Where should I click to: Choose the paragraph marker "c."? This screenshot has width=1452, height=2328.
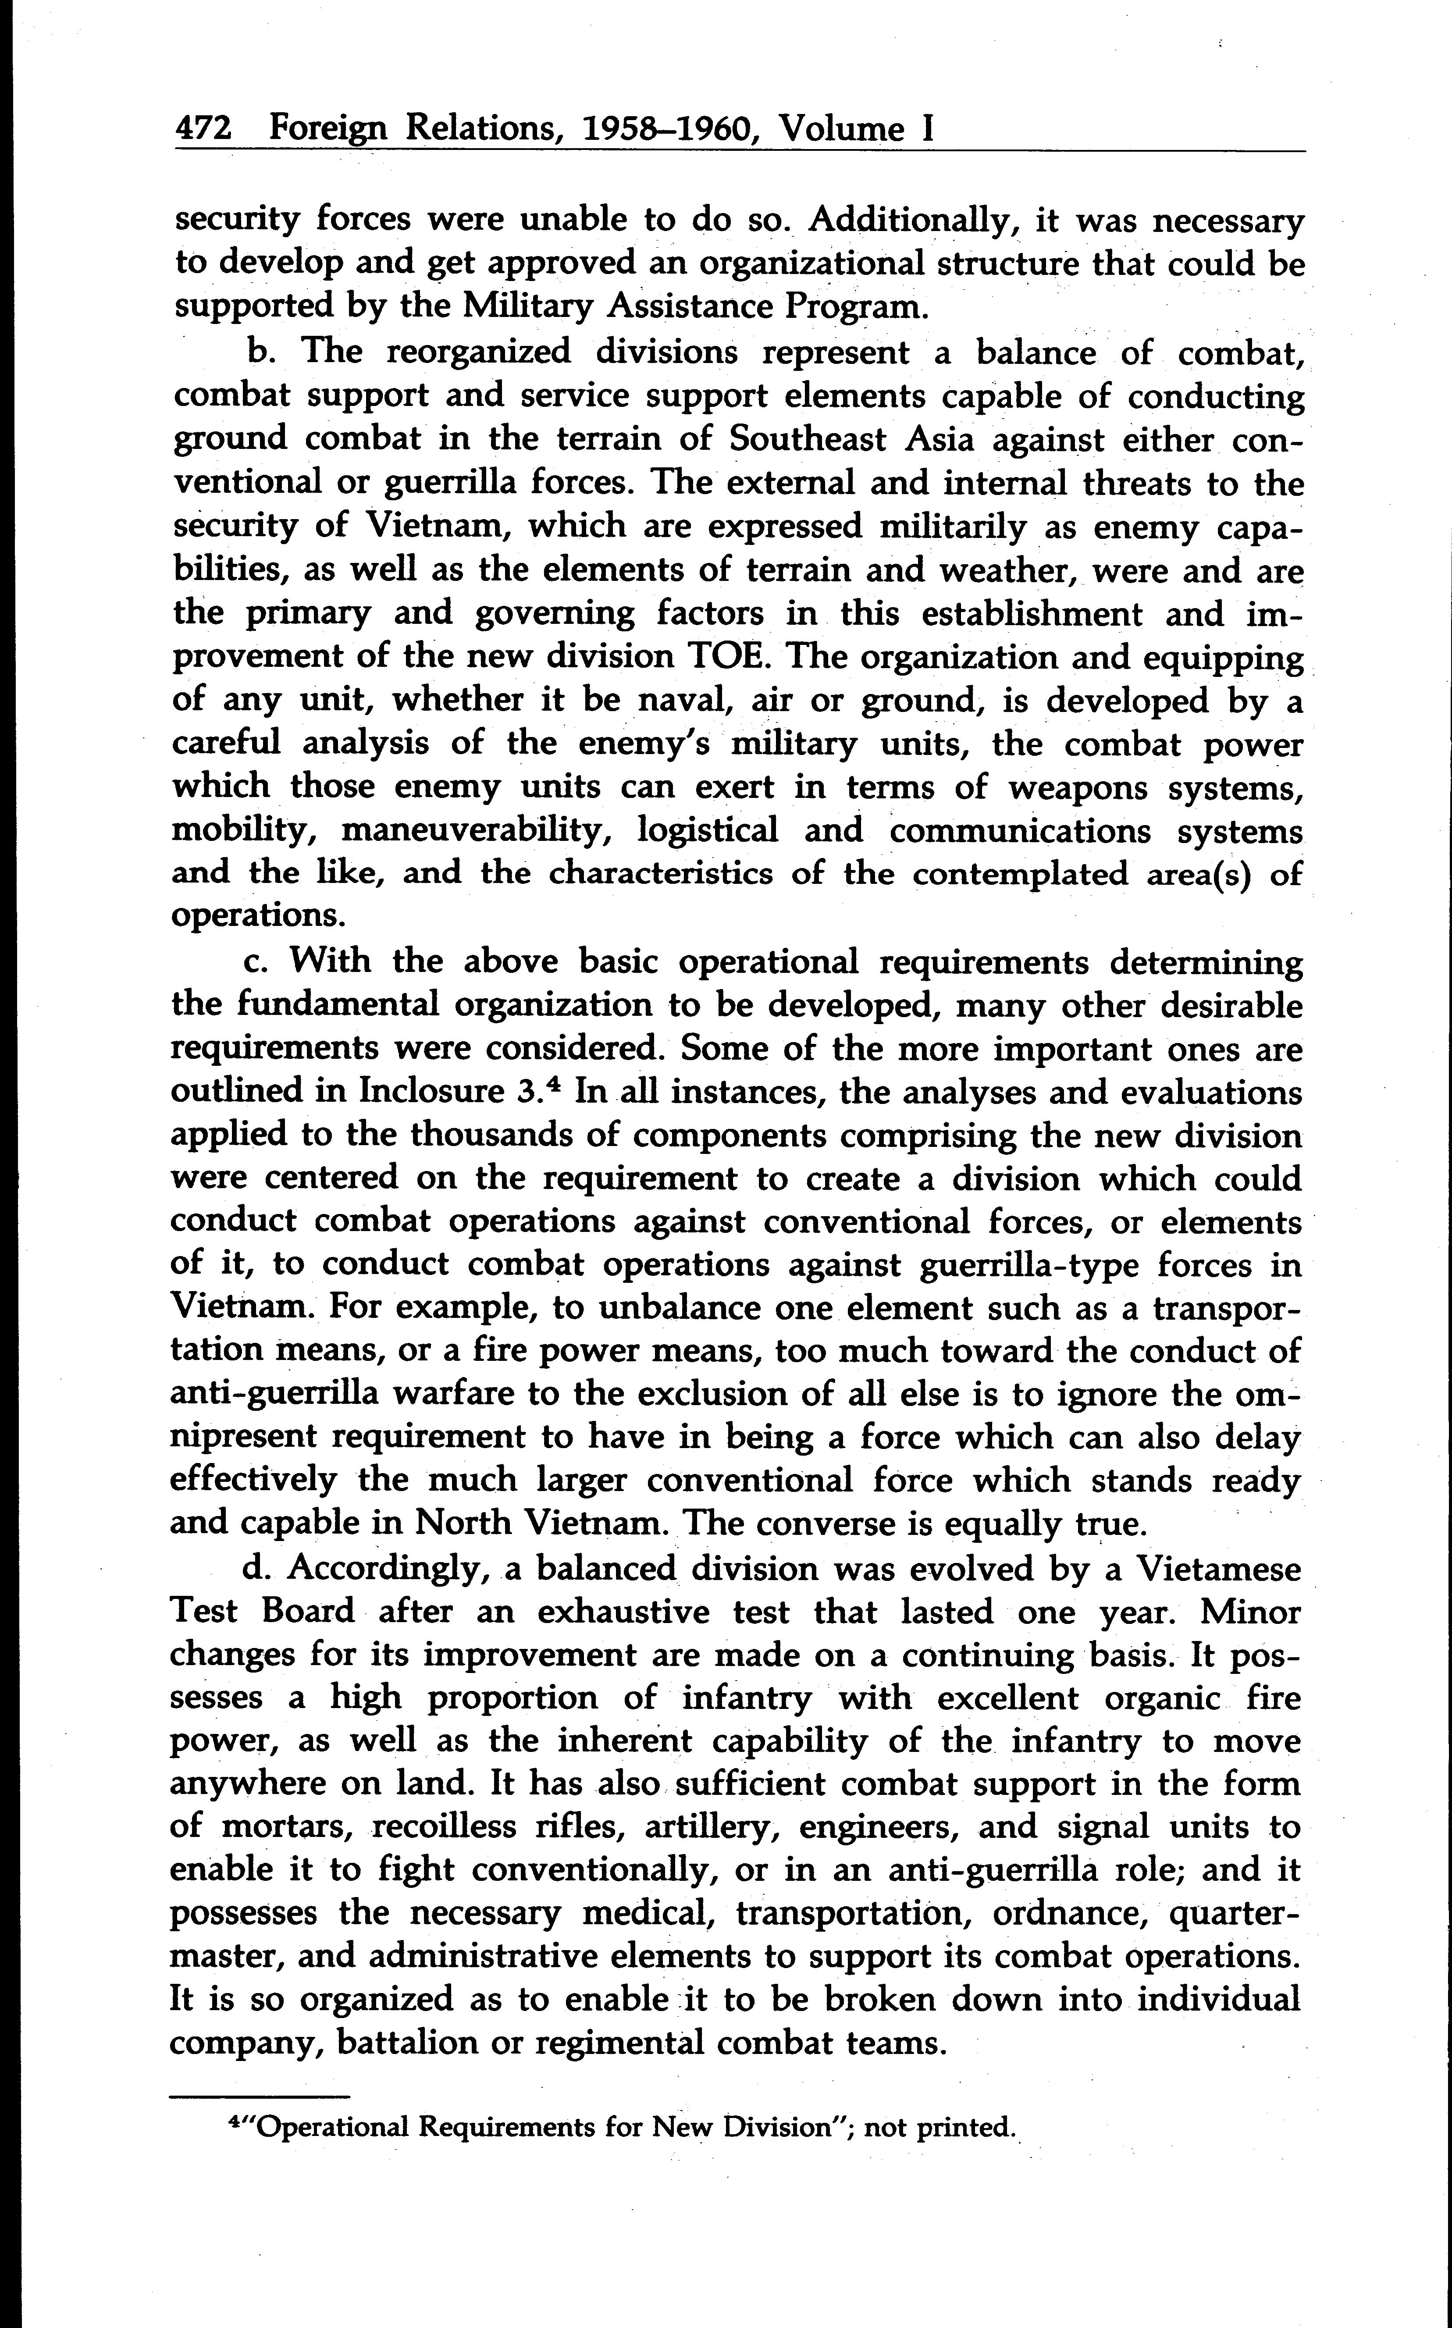click(256, 961)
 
